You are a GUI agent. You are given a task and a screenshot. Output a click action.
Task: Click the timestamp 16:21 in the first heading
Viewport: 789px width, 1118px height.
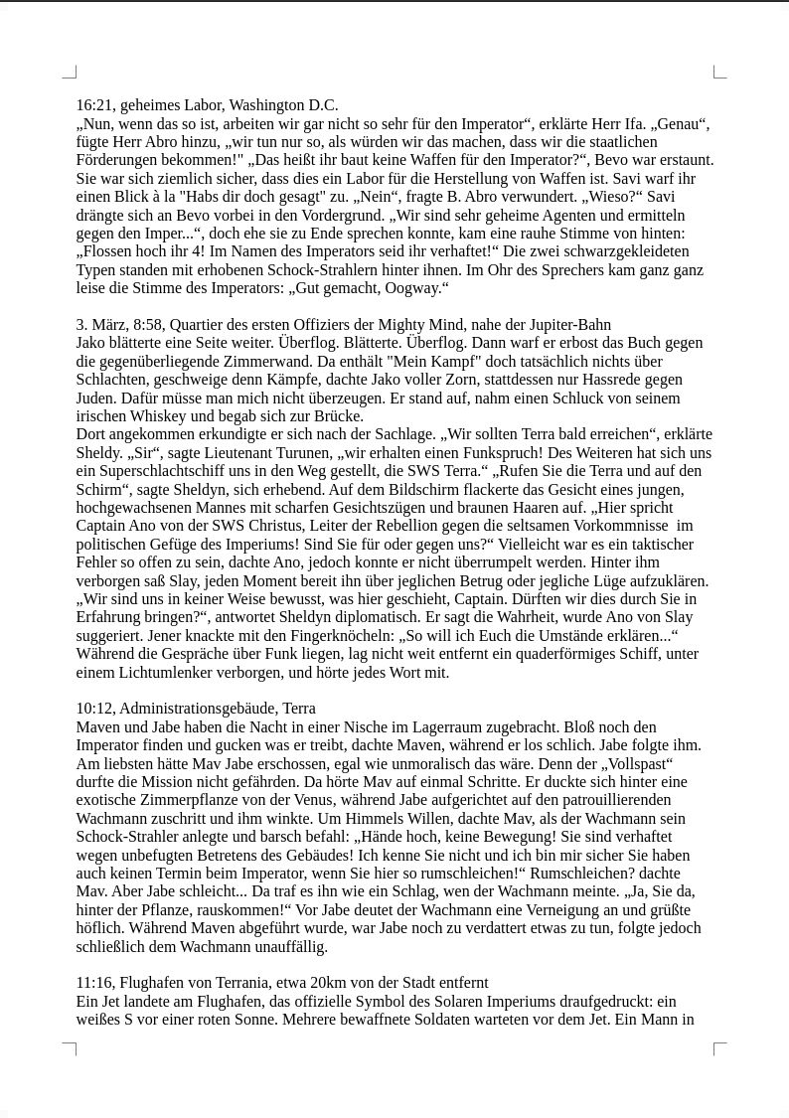click(94, 105)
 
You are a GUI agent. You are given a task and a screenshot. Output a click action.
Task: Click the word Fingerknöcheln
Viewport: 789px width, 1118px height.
click(346, 636)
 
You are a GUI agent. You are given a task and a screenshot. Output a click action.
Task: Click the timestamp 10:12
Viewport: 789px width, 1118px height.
click(94, 709)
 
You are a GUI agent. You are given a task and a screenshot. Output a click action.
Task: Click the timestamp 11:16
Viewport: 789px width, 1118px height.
click(94, 983)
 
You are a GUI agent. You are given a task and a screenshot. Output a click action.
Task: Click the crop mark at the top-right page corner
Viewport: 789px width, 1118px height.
click(719, 72)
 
